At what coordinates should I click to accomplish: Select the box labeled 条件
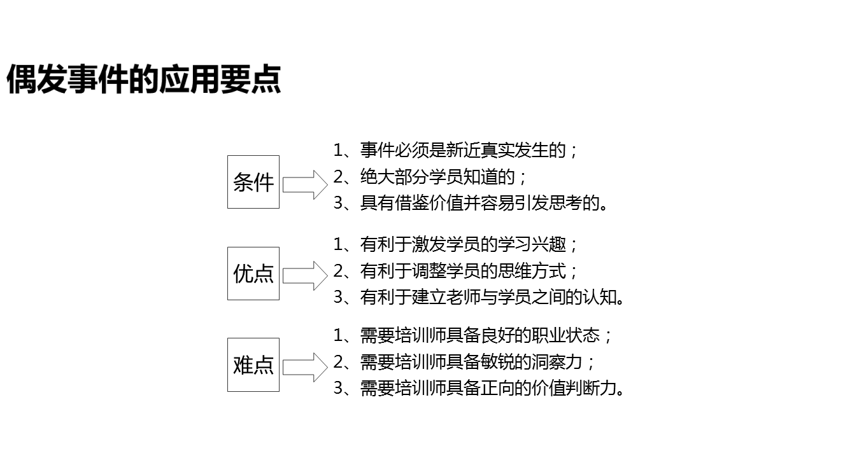coord(253,182)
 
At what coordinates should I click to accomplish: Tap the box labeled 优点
coord(253,274)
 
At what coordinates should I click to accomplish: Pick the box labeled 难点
coord(253,365)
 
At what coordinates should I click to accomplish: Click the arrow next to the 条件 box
coord(304,184)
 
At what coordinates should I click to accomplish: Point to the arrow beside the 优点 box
coord(304,275)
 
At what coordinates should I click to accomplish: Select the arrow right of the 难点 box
coord(304,367)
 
